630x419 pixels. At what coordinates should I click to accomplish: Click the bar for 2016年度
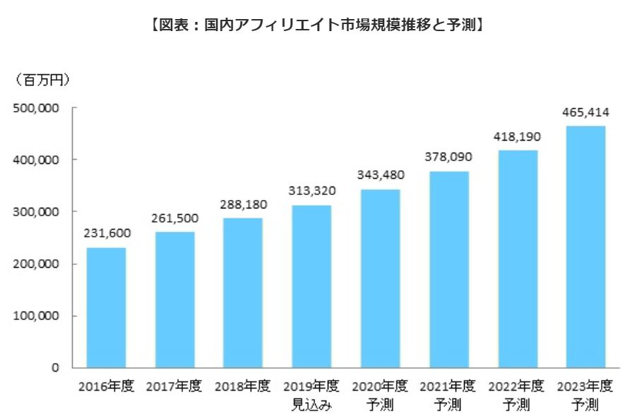pos(106,307)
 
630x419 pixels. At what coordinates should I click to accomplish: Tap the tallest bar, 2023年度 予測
pos(586,247)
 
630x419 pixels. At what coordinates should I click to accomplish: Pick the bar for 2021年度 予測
pos(448,269)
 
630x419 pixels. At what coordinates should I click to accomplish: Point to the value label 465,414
pos(586,112)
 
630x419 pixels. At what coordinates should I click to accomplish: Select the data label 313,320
pos(311,191)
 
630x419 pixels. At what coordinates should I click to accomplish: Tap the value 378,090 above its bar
pos(448,157)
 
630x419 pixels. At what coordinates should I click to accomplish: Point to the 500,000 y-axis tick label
pos(35,108)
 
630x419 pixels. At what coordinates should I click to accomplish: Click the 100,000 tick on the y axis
pos(35,316)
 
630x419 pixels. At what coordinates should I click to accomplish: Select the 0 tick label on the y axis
pos(54,368)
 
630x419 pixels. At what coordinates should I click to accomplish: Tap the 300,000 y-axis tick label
pos(35,212)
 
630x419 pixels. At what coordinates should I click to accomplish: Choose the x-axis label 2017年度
pos(174,387)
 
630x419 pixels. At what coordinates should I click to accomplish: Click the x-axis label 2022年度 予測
pos(517,396)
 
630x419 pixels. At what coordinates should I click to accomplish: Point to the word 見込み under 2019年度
pos(311,406)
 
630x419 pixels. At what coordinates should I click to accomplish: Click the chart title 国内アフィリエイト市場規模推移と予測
pos(316,25)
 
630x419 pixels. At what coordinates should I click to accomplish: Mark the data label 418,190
pos(517,136)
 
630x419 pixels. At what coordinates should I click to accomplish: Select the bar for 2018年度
pos(243,293)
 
